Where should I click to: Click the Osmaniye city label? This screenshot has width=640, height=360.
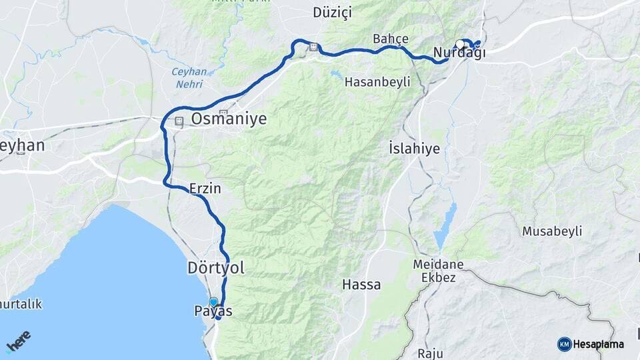pos(229,119)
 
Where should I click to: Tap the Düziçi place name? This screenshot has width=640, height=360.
pos(332,13)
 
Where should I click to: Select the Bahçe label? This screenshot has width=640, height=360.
pos(391,38)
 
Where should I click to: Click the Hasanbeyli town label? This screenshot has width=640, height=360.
pos(377,82)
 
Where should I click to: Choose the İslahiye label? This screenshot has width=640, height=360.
pos(414,148)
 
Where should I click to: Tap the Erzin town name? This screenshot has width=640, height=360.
pos(205,189)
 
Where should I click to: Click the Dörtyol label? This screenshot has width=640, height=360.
pos(215,268)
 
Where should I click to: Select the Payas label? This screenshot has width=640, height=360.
pos(213,311)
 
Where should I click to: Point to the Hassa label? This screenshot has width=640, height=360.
pos(361,285)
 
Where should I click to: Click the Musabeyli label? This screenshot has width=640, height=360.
pos(552,231)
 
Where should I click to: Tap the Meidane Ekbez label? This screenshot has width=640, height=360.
pos(438,271)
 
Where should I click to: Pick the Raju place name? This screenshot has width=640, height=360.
pos(430,353)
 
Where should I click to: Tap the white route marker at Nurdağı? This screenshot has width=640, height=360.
pos(460,45)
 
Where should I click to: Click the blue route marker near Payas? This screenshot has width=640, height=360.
pos(213,302)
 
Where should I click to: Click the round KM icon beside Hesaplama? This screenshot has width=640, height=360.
pos(564,344)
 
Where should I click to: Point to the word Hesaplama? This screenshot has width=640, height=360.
pos(599,345)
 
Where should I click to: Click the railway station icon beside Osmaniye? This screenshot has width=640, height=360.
pos(179,122)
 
